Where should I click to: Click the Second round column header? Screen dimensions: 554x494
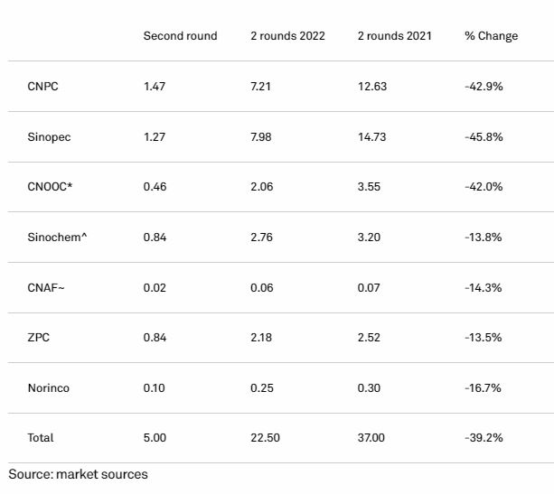180,35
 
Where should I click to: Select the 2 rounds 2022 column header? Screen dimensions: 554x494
287,35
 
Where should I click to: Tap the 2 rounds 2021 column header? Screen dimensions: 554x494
395,35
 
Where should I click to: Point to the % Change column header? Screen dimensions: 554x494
492,35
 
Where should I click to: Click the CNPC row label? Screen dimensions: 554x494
42,86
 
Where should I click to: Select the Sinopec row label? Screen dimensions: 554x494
49,137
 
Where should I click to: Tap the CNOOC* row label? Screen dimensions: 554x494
50,186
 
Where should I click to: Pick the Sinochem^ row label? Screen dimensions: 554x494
57,237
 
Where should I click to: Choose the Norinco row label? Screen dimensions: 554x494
49,387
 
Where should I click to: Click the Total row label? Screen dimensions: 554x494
41,437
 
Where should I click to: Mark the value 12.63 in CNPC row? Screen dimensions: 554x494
372,86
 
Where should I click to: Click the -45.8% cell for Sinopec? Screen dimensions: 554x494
484,136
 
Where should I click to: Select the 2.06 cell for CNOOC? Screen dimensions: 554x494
262,186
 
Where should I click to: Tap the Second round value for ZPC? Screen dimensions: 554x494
155,337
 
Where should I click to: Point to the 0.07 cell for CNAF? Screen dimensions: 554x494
369,287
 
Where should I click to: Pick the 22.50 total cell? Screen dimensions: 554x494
266,437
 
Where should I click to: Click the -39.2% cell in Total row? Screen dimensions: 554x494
484,437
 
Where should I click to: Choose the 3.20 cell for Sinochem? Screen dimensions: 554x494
369,237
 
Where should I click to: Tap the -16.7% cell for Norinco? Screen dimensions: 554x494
483,387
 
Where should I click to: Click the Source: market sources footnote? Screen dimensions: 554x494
78,474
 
